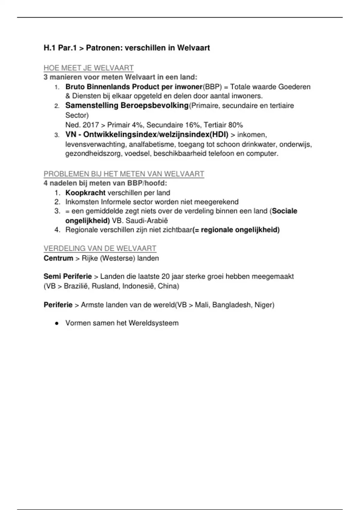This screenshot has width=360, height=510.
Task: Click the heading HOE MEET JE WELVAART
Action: pos(88,68)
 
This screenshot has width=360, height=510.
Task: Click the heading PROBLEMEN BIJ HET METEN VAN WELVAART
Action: pos(124,174)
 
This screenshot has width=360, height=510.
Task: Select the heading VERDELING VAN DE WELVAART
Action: pos(100,248)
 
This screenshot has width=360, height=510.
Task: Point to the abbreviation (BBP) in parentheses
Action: pos(212,87)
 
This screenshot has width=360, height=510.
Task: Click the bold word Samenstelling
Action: pos(92,106)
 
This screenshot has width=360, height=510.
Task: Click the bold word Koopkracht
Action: pos(85,193)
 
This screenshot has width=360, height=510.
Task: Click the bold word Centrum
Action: pos(58,258)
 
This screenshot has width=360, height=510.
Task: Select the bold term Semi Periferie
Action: pos(68,277)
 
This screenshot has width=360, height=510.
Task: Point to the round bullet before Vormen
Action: pos(56,323)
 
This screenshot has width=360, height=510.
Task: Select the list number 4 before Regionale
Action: pos(57,230)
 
